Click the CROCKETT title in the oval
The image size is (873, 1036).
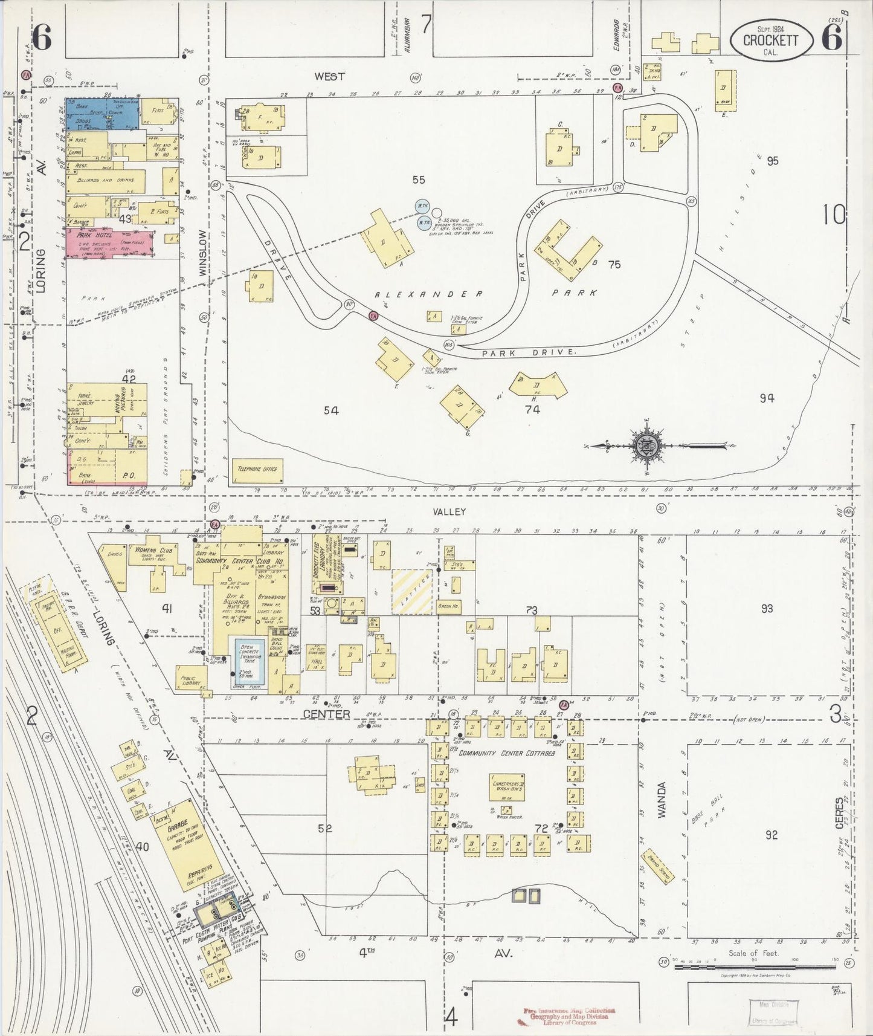click(x=770, y=40)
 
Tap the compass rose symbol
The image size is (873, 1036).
click(x=646, y=447)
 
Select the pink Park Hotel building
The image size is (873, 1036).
click(x=109, y=243)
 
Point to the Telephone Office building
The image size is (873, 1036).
click(x=258, y=470)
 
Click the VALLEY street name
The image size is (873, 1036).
click(x=449, y=511)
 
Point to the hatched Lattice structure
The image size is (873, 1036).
click(x=413, y=588)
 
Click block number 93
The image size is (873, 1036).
click(x=767, y=609)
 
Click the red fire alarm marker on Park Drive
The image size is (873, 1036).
click(x=373, y=316)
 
